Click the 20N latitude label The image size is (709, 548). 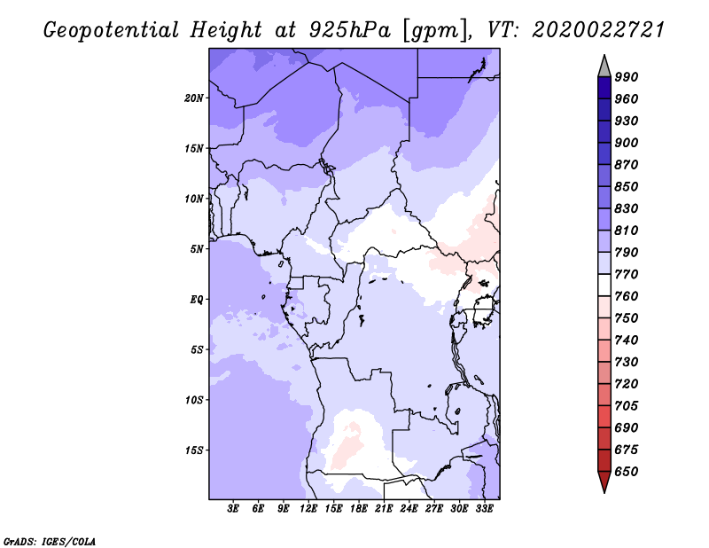point(194,98)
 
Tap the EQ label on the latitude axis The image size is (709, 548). point(197,300)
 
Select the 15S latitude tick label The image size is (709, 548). point(194,450)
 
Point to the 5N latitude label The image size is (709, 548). point(197,249)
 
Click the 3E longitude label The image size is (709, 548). point(233,508)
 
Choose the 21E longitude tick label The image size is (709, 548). point(384,508)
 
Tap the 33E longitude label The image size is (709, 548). point(484,508)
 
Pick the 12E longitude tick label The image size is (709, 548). point(308,508)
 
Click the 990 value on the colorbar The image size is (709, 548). point(627,77)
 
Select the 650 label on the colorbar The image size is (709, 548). point(627,472)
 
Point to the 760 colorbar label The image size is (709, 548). point(627,296)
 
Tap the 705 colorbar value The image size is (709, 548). point(627,405)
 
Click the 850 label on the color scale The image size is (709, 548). point(627,186)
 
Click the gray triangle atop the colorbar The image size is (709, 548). point(604,67)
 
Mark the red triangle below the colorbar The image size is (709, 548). point(604,481)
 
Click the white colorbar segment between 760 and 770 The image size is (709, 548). point(604,286)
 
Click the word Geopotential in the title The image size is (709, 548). point(112,30)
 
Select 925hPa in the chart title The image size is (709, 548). point(350,30)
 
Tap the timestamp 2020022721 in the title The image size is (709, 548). point(597,30)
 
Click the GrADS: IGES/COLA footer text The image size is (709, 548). point(50,542)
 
